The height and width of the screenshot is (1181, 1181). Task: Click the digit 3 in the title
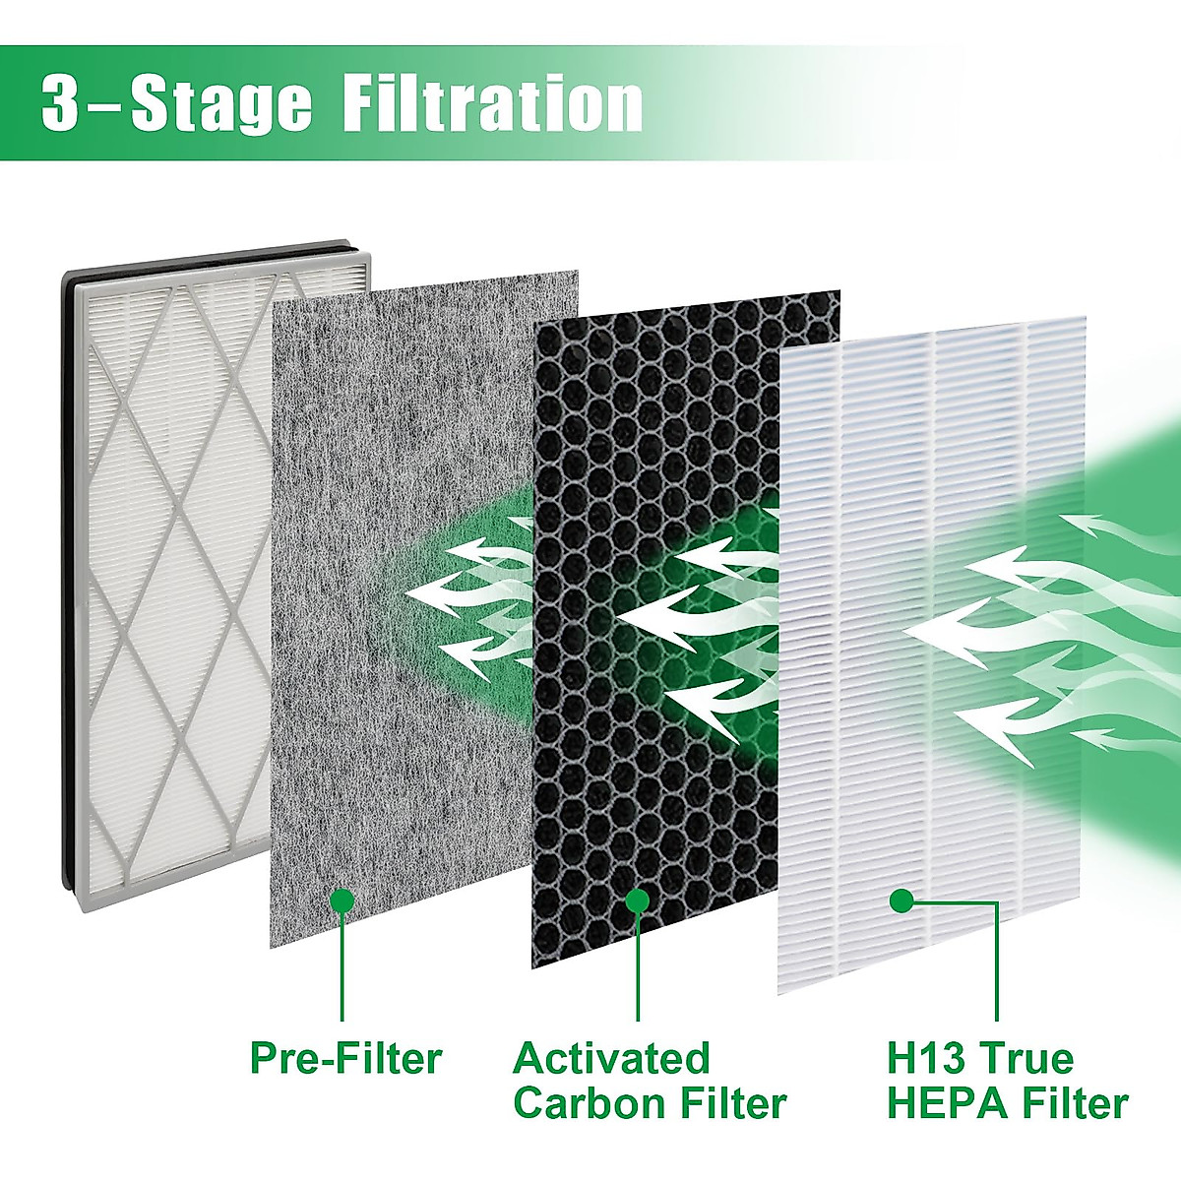point(61,103)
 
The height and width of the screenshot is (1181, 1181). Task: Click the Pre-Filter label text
point(345,1059)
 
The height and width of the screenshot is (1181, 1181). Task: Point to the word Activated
point(610,1059)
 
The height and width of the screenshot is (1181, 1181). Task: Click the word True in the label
point(1024,1059)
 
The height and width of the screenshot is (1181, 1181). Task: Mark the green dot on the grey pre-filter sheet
point(342,900)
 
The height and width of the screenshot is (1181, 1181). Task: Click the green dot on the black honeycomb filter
point(637,900)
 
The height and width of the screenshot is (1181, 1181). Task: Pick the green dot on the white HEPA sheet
point(900,900)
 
